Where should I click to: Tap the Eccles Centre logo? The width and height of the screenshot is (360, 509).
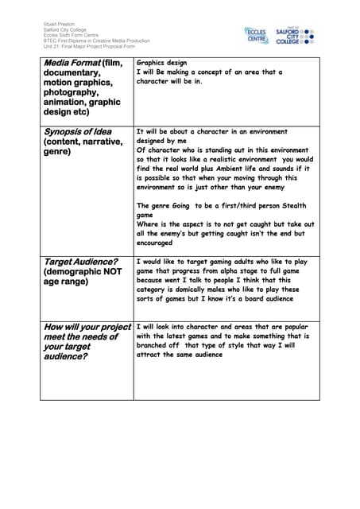[x=256, y=35]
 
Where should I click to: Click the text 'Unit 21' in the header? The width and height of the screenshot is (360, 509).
[x=51, y=46]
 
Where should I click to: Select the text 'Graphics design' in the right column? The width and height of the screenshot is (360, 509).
[x=161, y=62]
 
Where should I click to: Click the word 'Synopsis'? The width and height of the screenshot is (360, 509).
[x=67, y=131]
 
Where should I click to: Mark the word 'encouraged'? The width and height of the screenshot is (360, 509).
[x=154, y=243]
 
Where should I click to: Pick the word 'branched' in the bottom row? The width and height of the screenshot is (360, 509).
[x=156, y=345]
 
